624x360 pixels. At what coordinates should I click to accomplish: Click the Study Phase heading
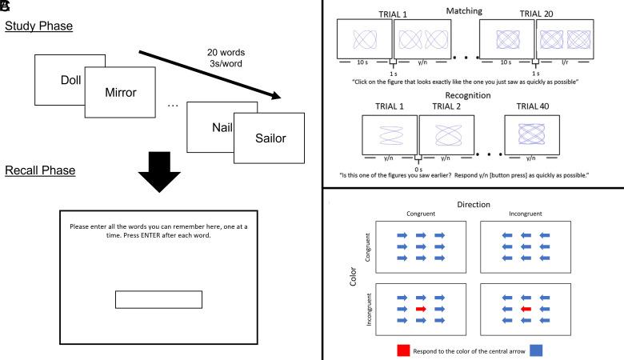(39, 27)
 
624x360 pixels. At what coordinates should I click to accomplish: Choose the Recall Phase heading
(40, 171)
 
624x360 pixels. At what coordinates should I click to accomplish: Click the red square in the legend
(404, 350)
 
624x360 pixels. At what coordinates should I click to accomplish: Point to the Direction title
(474, 205)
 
